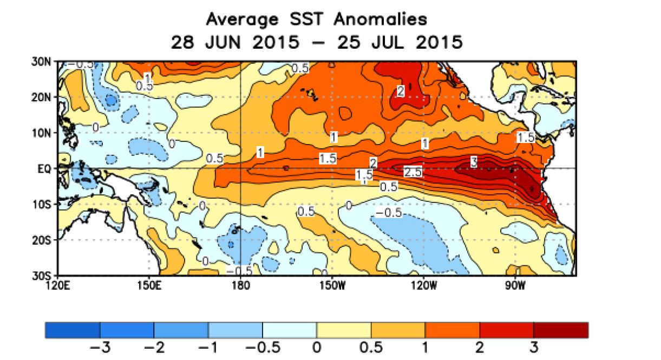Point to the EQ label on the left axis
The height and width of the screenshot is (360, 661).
[x=45, y=169]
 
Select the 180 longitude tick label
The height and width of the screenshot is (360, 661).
[x=239, y=285]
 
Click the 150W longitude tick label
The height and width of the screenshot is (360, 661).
[x=331, y=285]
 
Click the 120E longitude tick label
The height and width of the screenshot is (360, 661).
[x=57, y=285]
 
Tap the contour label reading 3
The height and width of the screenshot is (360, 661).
[x=473, y=161]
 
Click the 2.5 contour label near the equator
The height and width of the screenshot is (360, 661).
[x=413, y=172]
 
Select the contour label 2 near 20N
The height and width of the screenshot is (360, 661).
[x=400, y=91]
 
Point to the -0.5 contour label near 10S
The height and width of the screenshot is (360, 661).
[x=388, y=213]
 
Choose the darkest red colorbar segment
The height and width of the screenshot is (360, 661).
[x=560, y=330]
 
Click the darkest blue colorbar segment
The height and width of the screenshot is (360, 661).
[x=73, y=330]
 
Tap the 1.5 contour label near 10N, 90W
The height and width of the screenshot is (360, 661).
[x=525, y=138]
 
